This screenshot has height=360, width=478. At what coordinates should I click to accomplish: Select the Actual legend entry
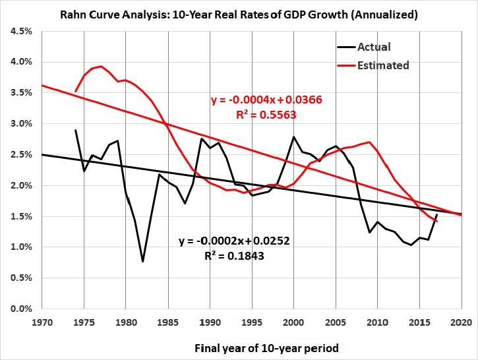374,47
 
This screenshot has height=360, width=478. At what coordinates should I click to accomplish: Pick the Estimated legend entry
383,65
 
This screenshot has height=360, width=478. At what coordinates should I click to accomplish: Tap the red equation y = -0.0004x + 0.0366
266,99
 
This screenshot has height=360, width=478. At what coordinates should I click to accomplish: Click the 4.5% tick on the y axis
18,31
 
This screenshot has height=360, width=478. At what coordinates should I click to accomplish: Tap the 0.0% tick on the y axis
18,309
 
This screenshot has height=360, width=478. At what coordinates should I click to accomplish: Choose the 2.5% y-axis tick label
18,154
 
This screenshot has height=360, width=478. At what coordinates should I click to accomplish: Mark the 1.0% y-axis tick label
18,247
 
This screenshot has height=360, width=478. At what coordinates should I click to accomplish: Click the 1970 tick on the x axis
41,322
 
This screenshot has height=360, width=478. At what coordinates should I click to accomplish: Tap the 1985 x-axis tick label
167,322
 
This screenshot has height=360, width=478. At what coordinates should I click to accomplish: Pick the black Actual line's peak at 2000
293,136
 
